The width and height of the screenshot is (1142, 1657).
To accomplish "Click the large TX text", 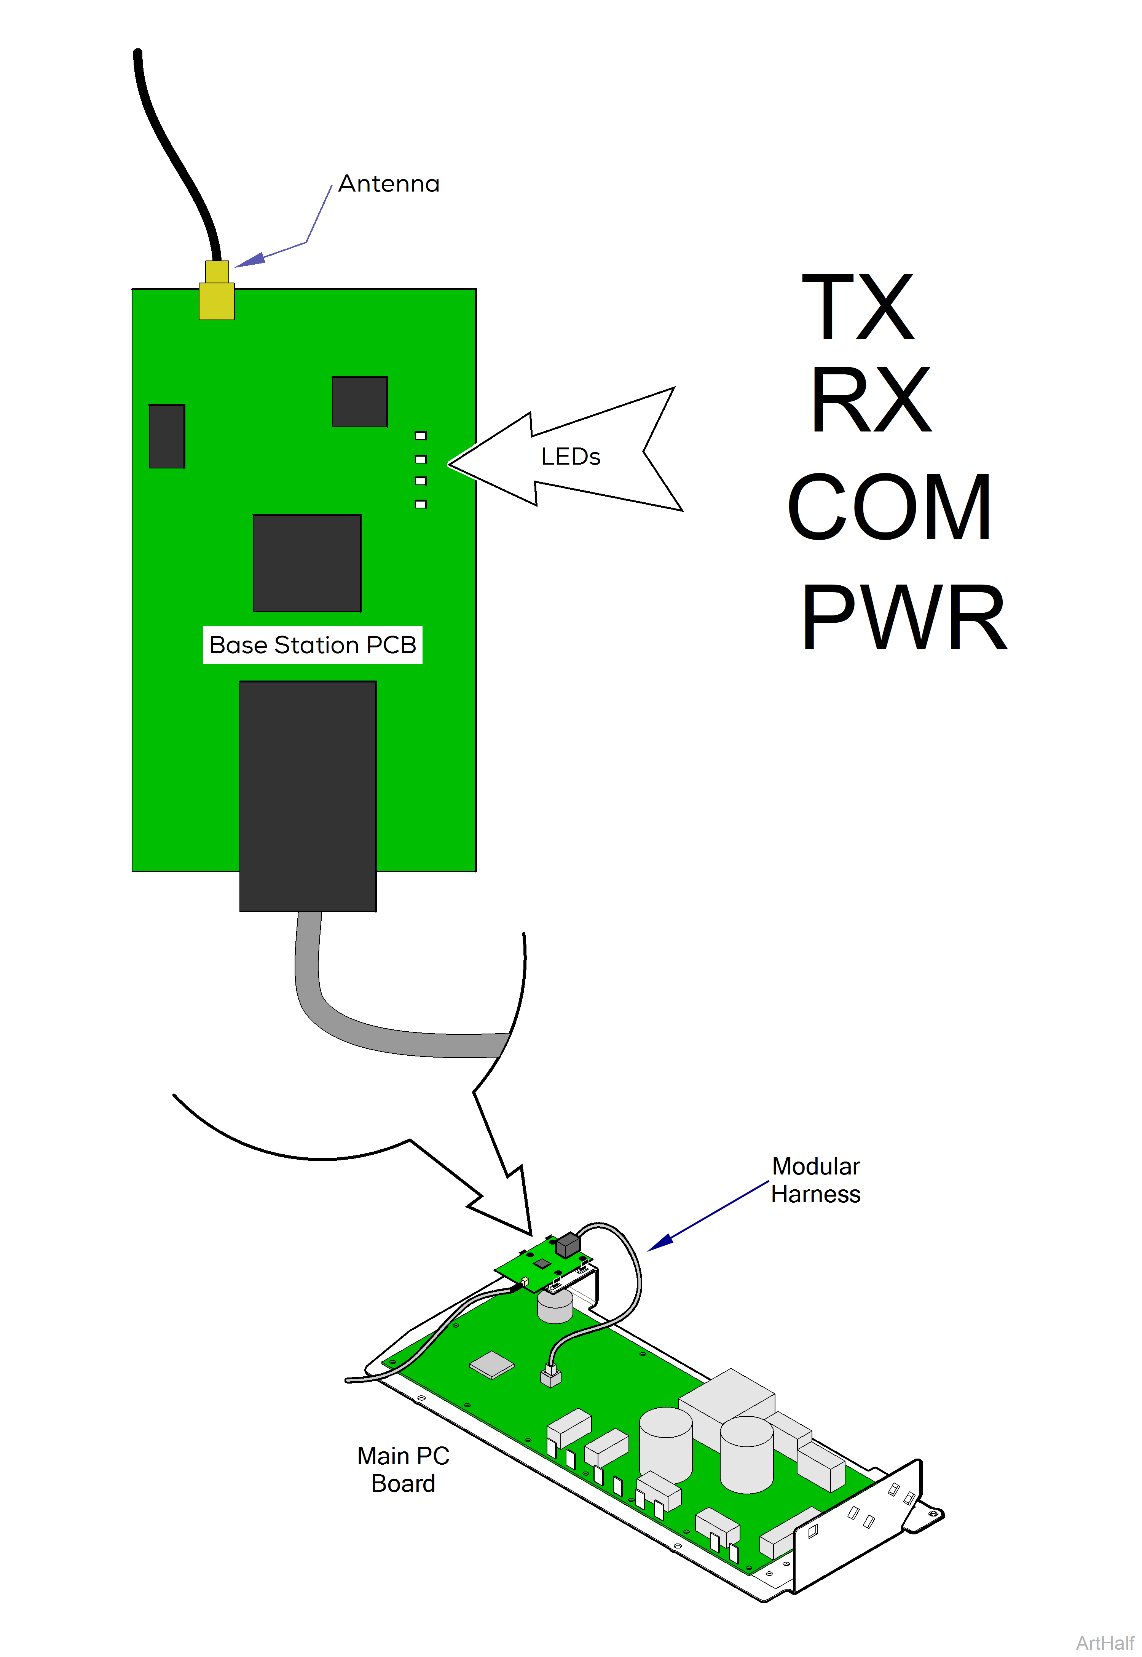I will click(857, 308).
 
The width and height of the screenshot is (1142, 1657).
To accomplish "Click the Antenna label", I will click(389, 184).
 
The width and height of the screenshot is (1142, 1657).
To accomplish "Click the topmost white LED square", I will click(421, 435).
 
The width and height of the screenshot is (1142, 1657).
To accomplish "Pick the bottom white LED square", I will click(421, 504).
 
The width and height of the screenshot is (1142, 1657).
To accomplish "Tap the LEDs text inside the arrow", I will click(570, 457).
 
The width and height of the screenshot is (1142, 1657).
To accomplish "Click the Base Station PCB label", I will click(313, 645).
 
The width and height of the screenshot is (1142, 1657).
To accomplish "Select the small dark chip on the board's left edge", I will click(167, 436).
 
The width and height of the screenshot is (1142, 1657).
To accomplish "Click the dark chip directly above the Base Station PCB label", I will click(307, 562).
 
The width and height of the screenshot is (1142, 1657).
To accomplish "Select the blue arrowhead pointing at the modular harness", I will click(660, 1243).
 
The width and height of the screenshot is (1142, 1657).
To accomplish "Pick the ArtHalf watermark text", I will click(1105, 1643).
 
